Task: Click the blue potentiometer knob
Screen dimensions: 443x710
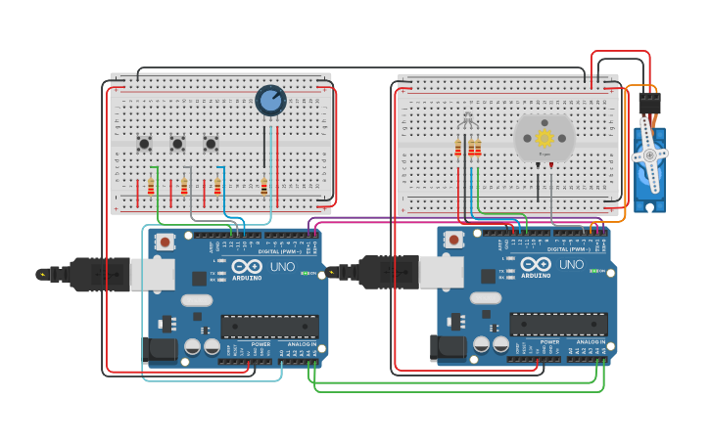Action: [270, 100]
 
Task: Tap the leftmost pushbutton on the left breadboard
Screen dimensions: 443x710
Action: [144, 144]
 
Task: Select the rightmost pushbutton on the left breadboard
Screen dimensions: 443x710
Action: [211, 144]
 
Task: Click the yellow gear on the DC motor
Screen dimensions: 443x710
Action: [544, 138]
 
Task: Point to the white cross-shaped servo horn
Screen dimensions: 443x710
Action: [649, 155]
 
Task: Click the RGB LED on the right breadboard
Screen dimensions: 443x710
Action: [468, 121]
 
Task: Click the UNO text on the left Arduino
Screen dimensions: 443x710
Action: [282, 266]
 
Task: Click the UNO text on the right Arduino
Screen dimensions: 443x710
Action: [571, 265]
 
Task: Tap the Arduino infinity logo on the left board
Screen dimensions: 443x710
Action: [247, 266]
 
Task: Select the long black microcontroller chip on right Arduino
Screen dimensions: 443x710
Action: [558, 325]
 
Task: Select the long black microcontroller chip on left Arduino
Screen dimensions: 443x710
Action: [269, 327]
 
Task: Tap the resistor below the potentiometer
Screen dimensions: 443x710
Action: [263, 186]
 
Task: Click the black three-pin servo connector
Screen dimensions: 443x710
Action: [649, 103]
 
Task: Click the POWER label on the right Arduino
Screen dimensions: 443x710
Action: [549, 342]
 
